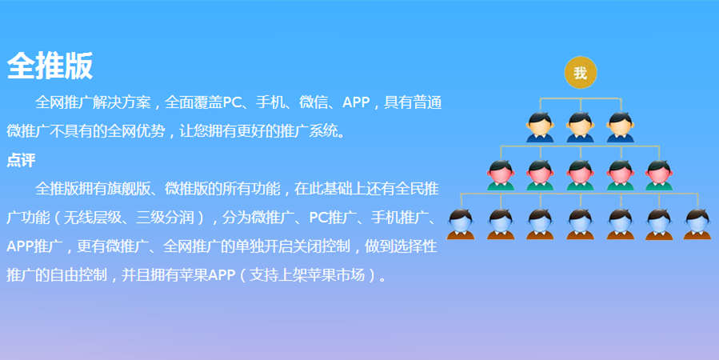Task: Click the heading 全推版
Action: [x=50, y=66]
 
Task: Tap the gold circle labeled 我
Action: [x=580, y=73]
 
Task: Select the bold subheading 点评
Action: [x=21, y=160]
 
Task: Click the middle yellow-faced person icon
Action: [x=580, y=127]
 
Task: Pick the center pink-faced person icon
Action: [x=580, y=174]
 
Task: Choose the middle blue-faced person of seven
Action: [x=580, y=224]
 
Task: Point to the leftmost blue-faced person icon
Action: [x=461, y=224]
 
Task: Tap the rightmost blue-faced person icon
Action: [x=697, y=224]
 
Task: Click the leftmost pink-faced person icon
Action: [x=501, y=174]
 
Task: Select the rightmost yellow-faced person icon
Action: [x=621, y=127]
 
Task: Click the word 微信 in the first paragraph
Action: [x=314, y=102]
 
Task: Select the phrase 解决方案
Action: [x=121, y=102]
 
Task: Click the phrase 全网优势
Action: [x=136, y=131]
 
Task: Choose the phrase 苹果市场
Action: [x=336, y=275]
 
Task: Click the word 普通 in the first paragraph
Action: [x=427, y=102]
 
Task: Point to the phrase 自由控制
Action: [x=78, y=275]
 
